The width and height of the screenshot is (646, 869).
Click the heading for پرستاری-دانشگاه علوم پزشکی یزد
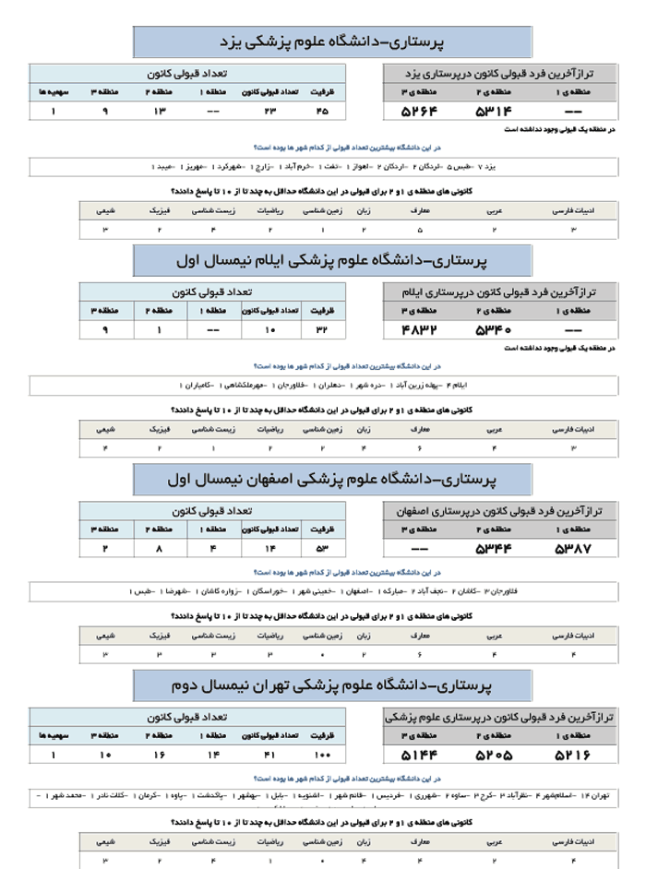[332, 42]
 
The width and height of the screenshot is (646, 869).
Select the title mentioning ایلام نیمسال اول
[332, 260]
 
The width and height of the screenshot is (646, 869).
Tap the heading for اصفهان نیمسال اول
[332, 480]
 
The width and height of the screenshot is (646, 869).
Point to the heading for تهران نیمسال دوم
[332, 686]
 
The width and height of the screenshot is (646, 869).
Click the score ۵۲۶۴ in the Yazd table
[417, 112]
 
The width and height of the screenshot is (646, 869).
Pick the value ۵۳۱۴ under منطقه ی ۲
[493, 112]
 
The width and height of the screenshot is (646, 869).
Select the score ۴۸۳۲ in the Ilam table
[417, 329]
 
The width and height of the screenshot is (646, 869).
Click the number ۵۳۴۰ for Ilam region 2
[493, 329]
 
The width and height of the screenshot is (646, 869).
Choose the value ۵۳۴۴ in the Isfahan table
[493, 549]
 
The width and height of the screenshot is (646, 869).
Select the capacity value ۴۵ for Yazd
[322, 112]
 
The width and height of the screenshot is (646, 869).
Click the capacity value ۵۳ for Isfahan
[322, 549]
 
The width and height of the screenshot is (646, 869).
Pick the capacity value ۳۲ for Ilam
[322, 329]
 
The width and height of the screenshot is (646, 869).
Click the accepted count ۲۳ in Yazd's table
[270, 112]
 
